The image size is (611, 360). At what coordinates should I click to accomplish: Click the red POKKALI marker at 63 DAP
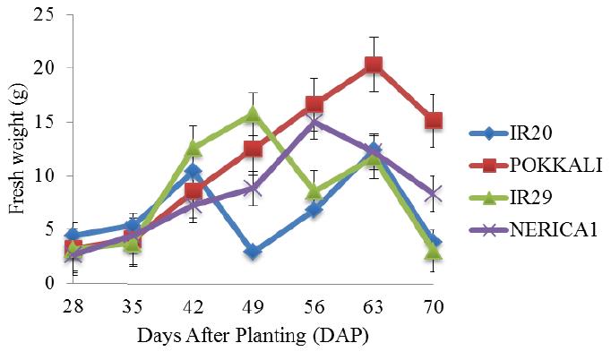coord(374,64)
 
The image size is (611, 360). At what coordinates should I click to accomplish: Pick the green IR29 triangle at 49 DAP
coord(253,115)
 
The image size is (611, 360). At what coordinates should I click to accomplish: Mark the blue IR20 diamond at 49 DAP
coord(253,252)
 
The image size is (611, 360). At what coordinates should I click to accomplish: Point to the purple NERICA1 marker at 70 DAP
coord(434,194)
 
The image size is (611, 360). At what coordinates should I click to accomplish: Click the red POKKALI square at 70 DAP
coord(434,121)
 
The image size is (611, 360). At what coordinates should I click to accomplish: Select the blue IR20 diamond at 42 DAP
coord(194,171)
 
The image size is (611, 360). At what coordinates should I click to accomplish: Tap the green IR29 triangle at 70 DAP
coord(434,253)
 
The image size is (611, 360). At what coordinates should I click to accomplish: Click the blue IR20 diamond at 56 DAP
coord(314,210)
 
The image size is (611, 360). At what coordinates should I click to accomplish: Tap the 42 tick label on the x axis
coord(194,306)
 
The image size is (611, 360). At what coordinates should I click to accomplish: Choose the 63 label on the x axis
coord(374,306)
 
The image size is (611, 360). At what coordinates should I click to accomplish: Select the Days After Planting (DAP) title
coord(253,336)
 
